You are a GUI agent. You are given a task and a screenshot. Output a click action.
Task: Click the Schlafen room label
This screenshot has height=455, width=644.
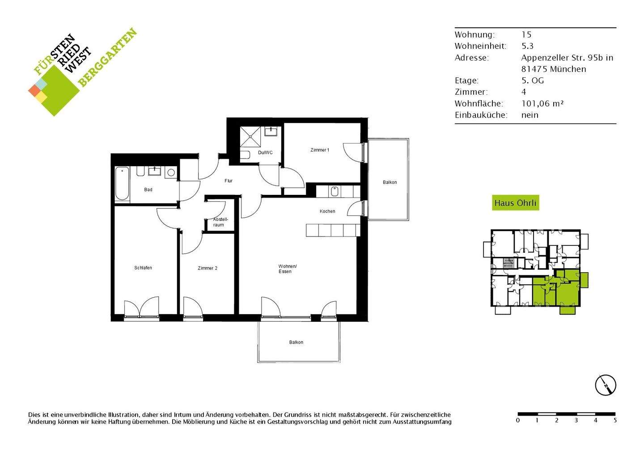143,268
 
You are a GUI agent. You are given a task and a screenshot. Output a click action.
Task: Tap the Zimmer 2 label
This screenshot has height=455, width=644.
208,268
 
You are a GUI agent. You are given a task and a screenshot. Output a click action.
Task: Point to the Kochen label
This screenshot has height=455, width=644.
327,211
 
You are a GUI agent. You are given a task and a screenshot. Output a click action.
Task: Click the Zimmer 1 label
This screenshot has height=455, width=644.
320,150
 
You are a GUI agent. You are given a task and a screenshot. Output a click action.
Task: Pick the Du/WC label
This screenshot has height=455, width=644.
265,153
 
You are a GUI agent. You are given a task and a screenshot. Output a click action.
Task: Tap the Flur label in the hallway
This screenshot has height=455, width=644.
229,181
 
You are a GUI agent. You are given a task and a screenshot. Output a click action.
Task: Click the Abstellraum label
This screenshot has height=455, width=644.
220,222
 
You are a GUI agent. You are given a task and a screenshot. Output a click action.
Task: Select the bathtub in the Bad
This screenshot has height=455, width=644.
122,184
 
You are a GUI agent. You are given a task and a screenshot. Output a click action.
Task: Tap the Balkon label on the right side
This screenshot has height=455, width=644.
390,182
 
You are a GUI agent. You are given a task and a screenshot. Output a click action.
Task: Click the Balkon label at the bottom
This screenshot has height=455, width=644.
296,342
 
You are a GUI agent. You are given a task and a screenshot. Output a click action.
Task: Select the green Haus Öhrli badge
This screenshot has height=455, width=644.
515,203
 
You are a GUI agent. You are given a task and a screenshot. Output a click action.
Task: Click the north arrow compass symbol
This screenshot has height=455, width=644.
606,384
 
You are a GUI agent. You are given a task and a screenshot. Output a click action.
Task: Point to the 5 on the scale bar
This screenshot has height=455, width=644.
615,421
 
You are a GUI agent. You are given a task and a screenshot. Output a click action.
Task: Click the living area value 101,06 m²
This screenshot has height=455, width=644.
542,103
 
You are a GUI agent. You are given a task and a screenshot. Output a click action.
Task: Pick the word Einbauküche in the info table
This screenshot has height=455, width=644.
481,115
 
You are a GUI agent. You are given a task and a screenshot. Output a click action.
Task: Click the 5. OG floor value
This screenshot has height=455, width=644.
533,80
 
